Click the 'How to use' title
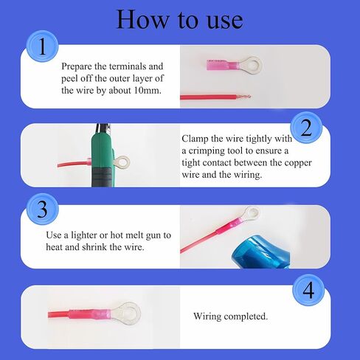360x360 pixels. [x=180, y=19]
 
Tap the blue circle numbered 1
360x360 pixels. [x=42, y=46]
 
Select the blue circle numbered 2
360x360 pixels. [x=306, y=128]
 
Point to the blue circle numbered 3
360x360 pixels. [x=42, y=209]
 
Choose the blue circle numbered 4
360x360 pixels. [x=308, y=290]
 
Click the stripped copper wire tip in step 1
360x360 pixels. [x=243, y=97]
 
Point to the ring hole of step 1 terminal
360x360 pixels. [x=252, y=66]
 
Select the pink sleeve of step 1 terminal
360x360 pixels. [x=223, y=66]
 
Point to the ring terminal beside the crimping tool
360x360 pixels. [x=122, y=162]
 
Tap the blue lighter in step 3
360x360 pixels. [x=260, y=252]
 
